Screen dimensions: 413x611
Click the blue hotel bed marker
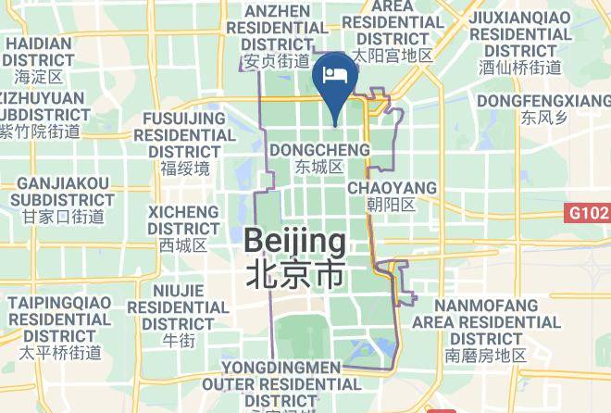tap(334, 74)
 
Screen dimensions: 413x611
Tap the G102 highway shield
tap(587, 214)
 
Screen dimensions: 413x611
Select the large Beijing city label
tap(295, 243)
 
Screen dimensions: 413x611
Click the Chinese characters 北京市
tap(295, 274)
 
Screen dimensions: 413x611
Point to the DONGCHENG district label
tap(318, 150)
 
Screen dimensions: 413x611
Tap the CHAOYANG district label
tap(392, 188)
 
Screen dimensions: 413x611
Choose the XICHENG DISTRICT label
tap(183, 219)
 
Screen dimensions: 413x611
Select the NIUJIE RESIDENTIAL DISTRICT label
tap(178, 306)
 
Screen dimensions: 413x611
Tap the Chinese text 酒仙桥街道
tap(520, 68)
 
